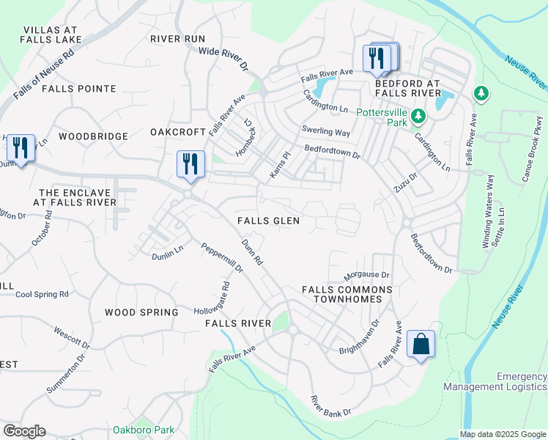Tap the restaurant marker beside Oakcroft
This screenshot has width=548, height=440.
190,164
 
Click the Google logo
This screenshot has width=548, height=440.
24,431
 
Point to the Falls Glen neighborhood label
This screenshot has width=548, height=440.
267,221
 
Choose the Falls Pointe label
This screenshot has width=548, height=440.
79,89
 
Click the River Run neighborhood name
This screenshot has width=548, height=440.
177,39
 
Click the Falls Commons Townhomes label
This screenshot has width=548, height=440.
347,295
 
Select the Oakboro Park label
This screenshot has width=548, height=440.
144,430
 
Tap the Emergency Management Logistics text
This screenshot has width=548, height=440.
495,381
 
